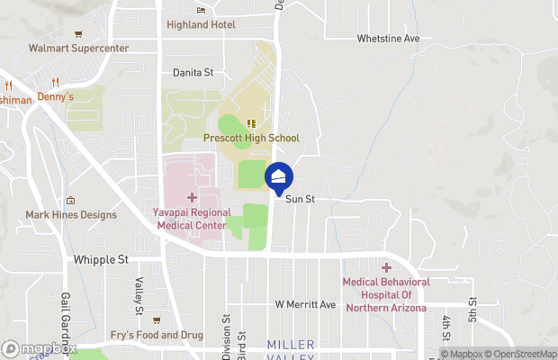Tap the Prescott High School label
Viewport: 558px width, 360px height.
coord(251,138)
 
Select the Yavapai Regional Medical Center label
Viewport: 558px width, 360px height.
coord(192,220)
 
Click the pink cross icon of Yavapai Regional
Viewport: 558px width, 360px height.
coord(192,196)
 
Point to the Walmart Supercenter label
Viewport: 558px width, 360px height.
coord(78,48)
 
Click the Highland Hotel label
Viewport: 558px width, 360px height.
coord(205,24)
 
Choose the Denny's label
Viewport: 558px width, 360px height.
coord(56,96)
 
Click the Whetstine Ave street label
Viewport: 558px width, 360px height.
coord(388,39)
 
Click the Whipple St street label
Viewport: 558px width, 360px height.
coord(100,259)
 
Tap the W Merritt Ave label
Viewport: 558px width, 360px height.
coord(305,305)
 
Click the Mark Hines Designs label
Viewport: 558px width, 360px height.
coord(71,215)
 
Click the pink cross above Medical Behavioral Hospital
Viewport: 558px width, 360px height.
coord(387,267)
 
